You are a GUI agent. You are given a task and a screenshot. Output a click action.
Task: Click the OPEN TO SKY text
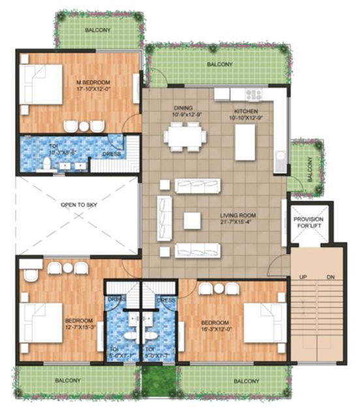coord(78,205)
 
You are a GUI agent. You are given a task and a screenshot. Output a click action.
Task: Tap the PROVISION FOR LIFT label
coord(308,223)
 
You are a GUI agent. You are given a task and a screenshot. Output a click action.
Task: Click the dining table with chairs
coord(185,137)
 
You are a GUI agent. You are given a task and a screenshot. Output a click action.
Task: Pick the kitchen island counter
coord(244,143)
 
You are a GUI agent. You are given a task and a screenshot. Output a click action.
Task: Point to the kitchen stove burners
coord(254,95)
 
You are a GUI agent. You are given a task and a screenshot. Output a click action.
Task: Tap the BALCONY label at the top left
coord(98,30)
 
